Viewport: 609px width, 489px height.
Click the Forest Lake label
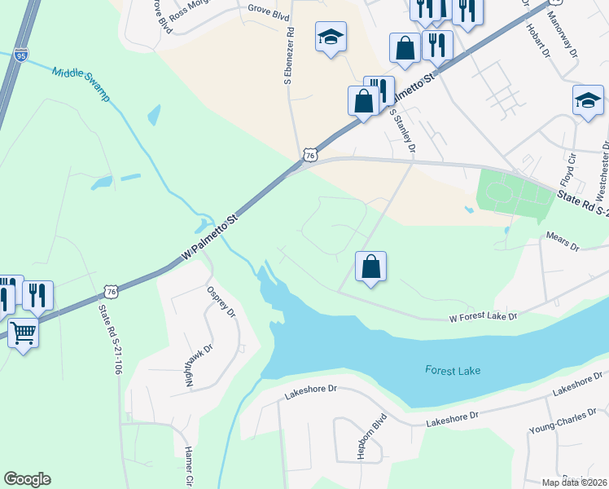tap(453, 371)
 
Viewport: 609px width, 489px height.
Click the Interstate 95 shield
tap(21, 55)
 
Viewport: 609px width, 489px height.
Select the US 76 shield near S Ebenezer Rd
tap(309, 155)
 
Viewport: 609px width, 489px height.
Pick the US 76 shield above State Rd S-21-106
tap(111, 291)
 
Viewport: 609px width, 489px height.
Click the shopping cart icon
tap(23, 332)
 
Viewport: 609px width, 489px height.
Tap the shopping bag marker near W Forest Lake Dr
tap(370, 266)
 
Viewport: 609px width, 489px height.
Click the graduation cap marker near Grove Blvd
tap(331, 37)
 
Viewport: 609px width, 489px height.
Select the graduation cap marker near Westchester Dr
tap(588, 100)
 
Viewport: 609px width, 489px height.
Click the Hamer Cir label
tap(188, 466)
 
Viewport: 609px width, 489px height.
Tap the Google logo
tap(27, 479)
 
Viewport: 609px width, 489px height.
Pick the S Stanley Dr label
tap(402, 130)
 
